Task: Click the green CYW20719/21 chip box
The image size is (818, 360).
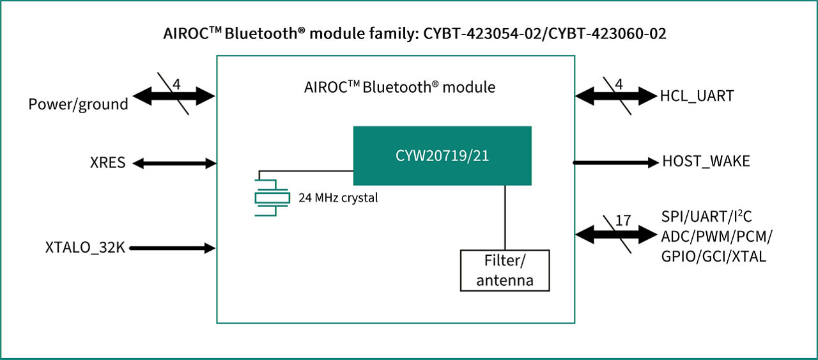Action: [x=442, y=156]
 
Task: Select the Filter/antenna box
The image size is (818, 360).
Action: [x=505, y=270]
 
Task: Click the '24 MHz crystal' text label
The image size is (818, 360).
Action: [x=338, y=198]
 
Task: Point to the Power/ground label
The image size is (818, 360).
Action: [x=78, y=104]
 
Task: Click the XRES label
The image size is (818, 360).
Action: [x=107, y=163]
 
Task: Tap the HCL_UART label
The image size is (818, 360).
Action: [x=697, y=97]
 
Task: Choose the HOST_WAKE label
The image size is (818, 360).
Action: [x=706, y=162]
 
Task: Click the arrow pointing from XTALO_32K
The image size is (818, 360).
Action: [x=171, y=248]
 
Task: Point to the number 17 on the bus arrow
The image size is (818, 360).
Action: [x=622, y=220]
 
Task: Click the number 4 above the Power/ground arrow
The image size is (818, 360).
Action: [x=176, y=84]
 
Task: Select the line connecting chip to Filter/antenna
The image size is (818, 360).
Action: [x=505, y=217]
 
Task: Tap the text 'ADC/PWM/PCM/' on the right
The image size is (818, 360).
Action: [x=716, y=237]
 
